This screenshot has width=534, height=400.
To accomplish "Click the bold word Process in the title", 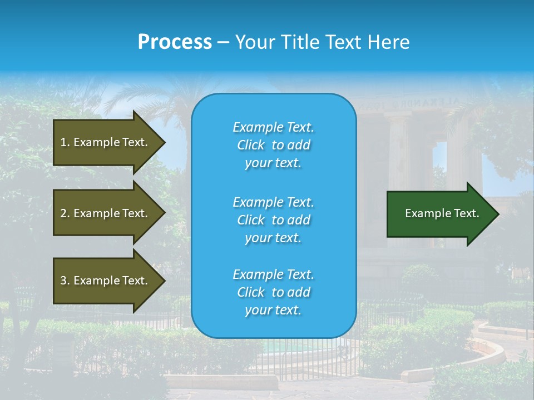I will pos(175,42).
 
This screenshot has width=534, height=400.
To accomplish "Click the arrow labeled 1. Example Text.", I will pos(106,142).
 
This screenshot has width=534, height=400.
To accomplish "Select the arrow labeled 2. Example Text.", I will pos(106,213).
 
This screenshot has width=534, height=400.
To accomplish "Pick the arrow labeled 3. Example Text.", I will pos(106,281).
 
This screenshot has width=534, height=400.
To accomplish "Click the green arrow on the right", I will pos(439,214).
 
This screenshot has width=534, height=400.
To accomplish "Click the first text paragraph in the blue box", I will pos(273,145).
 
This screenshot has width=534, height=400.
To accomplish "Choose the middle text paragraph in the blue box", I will pos(273,219).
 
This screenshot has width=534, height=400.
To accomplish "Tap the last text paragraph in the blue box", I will pos(273,292).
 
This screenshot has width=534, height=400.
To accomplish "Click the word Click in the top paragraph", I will pos(250,145).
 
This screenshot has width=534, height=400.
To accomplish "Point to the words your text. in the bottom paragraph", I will pos(273,311).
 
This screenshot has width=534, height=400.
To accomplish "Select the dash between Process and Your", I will pos(223,42).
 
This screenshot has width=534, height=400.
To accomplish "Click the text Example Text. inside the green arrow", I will pos(442,213).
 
